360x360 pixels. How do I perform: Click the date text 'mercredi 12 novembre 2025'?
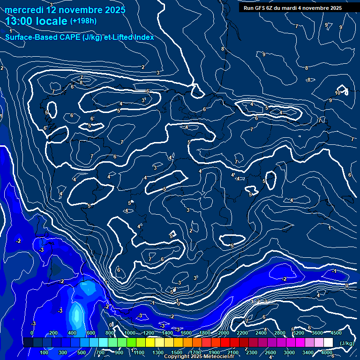(66, 10)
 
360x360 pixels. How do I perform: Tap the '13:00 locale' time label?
(36, 21)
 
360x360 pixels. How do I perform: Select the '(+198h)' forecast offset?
(83, 21)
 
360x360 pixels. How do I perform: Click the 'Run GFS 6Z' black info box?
(292, 8)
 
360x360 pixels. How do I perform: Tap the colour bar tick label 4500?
(336, 333)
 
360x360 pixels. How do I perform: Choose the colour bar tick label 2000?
(223, 333)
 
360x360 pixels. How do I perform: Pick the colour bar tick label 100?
(45, 352)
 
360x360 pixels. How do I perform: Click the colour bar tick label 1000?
(129, 333)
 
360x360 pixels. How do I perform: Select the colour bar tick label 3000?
(289, 352)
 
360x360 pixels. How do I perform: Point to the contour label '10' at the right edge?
(337, 93)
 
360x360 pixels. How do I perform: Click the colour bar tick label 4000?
(327, 352)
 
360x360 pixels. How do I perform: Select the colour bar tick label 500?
(82, 352)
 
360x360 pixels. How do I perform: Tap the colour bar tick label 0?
(32, 333)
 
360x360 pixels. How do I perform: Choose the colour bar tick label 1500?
(177, 352)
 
